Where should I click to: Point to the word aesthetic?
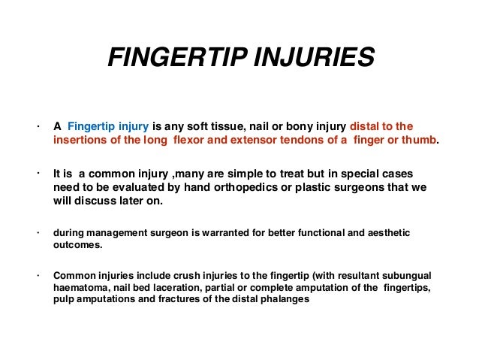coord(385,233)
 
